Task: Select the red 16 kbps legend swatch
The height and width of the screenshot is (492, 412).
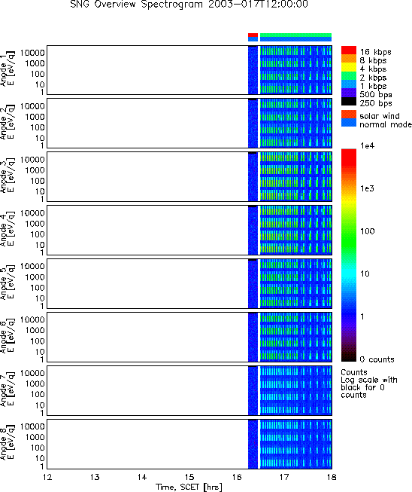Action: [349, 50]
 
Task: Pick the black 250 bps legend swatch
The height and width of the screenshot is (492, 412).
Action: [349, 102]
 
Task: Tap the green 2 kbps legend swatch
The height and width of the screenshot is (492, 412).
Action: [349, 76]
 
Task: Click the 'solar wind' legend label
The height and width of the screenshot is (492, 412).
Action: [380, 116]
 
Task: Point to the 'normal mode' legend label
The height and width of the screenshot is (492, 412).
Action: [386, 124]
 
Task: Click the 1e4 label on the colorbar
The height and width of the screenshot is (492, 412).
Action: [367, 145]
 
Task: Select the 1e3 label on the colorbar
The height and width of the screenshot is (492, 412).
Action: [367, 188]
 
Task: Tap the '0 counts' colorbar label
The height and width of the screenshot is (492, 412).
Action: [377, 359]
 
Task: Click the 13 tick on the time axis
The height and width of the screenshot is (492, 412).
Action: [95, 477]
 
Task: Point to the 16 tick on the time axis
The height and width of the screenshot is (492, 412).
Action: [237, 477]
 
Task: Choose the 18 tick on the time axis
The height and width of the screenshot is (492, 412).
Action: [332, 477]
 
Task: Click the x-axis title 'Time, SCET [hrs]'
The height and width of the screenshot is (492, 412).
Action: [189, 487]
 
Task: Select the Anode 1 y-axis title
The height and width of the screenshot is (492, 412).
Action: [7, 70]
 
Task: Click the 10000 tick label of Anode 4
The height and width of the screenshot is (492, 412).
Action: [32, 212]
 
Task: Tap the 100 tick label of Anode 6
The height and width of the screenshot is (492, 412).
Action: [38, 341]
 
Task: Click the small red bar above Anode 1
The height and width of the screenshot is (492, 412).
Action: [253, 35]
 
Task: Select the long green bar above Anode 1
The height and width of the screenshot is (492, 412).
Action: [296, 35]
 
